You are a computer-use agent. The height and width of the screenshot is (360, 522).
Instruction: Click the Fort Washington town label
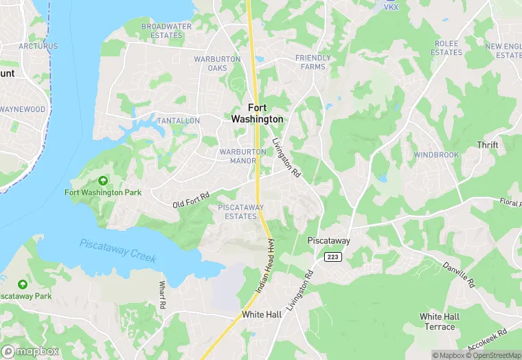265,113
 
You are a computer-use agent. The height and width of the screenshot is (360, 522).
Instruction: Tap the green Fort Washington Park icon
103,181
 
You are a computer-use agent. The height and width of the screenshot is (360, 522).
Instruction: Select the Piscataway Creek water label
117,251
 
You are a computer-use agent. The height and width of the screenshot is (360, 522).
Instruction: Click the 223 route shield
333,257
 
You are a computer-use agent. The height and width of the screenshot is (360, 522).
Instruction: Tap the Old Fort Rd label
191,201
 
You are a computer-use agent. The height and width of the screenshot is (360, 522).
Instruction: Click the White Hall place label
262,314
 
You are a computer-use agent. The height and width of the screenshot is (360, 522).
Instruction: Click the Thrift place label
488,145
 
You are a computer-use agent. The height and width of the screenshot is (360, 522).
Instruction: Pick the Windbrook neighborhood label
436,155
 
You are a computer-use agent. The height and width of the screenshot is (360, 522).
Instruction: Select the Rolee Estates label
447,47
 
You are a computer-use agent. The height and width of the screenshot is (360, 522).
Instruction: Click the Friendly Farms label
313,62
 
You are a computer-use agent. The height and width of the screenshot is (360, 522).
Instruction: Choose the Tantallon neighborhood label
178,120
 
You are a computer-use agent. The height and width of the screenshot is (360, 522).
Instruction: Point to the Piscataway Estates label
237,212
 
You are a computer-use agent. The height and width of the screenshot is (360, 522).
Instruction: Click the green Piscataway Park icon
23,284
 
